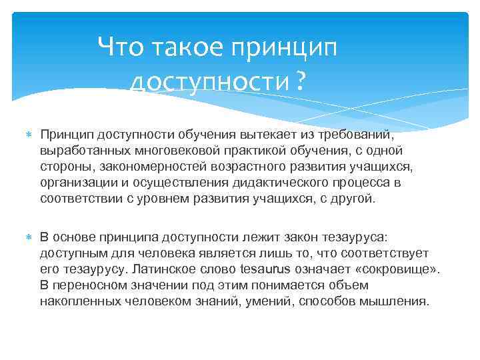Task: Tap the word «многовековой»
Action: click(177, 151)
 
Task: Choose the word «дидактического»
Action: click(283, 182)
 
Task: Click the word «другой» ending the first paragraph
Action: click(355, 198)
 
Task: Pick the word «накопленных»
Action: click(81, 301)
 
